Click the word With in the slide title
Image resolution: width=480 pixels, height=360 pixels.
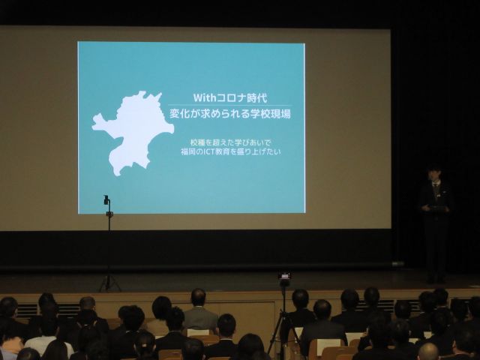coord(205,97)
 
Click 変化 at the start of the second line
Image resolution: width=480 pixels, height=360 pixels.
coord(179,114)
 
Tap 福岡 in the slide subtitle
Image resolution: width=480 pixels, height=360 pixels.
coord(190,151)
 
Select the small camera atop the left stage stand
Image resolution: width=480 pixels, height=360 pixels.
coord(106,200)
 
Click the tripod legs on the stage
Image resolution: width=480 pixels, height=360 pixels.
coord(109,283)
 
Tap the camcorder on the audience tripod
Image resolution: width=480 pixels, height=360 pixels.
coord(284,275)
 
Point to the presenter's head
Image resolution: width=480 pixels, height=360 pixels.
coord(435,173)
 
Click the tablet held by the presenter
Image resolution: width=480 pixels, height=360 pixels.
coord(438,208)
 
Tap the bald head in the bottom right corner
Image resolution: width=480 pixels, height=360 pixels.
coord(428,352)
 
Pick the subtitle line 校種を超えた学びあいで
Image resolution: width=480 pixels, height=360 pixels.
coord(230,142)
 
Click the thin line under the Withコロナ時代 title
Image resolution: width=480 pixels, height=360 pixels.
coord(230,106)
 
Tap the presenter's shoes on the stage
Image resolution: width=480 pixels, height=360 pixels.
coord(436,280)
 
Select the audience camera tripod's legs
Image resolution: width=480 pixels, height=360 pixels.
coord(284,331)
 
